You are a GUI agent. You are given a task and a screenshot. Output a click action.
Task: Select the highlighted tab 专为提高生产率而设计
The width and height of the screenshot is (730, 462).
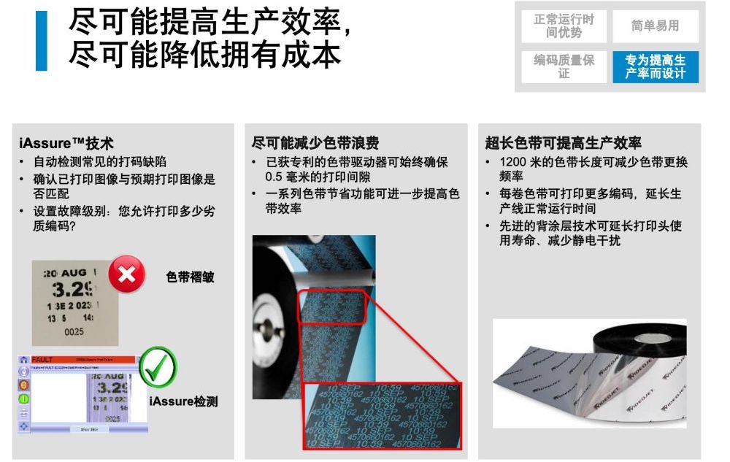tap(655, 67)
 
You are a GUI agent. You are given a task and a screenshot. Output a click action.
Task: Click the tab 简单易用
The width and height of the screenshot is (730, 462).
tap(655, 26)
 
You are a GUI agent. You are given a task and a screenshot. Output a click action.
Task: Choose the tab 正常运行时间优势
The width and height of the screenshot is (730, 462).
tap(564, 26)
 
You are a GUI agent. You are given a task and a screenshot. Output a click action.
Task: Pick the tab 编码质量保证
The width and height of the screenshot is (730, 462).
tap(564, 67)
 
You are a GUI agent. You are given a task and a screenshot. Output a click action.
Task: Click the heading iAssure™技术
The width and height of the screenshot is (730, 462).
tap(66, 143)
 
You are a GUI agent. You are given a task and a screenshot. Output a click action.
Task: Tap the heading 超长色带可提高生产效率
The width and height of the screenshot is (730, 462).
tap(563, 143)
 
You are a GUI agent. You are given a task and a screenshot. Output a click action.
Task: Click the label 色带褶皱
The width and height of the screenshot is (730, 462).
tap(190, 277)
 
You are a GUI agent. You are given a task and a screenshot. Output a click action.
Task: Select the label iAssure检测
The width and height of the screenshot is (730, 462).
tap(183, 401)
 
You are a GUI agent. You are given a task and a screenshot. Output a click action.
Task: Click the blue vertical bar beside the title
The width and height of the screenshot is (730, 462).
tap(42, 41)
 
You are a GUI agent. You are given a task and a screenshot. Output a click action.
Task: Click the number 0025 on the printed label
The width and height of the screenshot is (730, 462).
tap(74, 332)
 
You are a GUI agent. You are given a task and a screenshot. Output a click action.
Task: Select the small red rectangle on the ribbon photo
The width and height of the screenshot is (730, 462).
tap(331, 306)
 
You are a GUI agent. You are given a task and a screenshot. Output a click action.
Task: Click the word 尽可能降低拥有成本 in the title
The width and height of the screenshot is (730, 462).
tap(204, 55)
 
